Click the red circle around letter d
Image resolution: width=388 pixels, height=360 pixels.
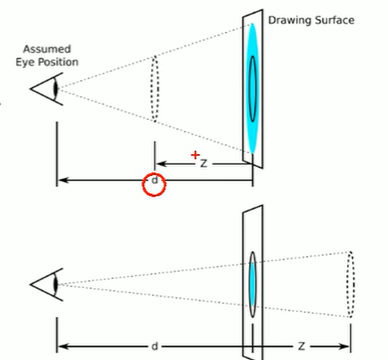(154, 183)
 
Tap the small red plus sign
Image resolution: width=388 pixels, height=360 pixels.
(195, 154)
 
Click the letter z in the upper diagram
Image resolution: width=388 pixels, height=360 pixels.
(203, 162)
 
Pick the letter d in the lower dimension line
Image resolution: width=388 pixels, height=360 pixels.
(154, 345)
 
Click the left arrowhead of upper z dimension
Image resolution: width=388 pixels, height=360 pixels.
(157, 162)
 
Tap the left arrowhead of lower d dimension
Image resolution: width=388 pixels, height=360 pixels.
(61, 345)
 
